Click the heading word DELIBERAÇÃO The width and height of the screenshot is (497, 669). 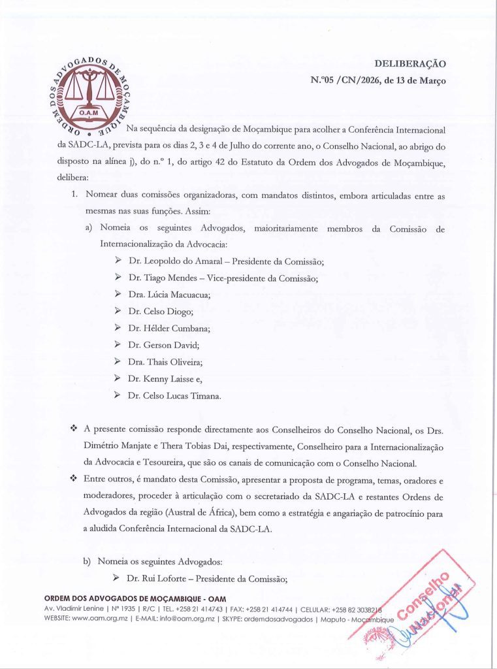click(x=409, y=63)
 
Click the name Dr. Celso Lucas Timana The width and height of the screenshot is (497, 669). click(x=174, y=395)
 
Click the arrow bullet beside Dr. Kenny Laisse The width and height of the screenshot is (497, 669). click(x=118, y=378)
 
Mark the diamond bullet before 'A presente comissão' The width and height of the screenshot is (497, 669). click(x=73, y=429)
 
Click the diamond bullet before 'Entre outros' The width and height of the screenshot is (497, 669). click(x=73, y=479)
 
